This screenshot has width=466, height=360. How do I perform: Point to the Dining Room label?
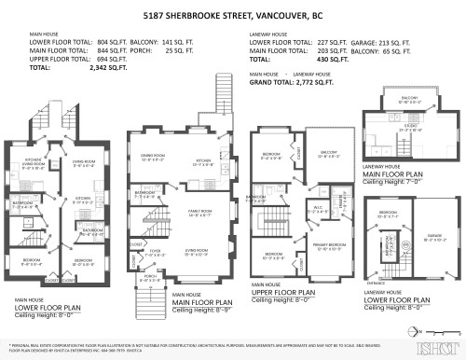153,158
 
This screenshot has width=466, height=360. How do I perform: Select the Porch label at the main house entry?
150,279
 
